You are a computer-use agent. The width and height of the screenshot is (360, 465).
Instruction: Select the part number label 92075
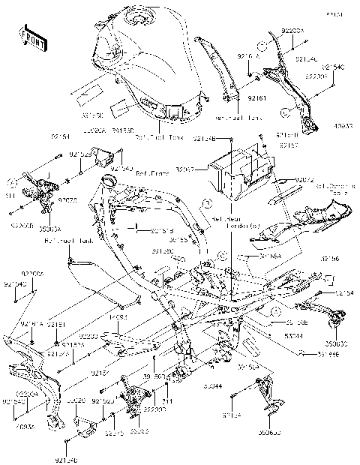pos(67,201)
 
